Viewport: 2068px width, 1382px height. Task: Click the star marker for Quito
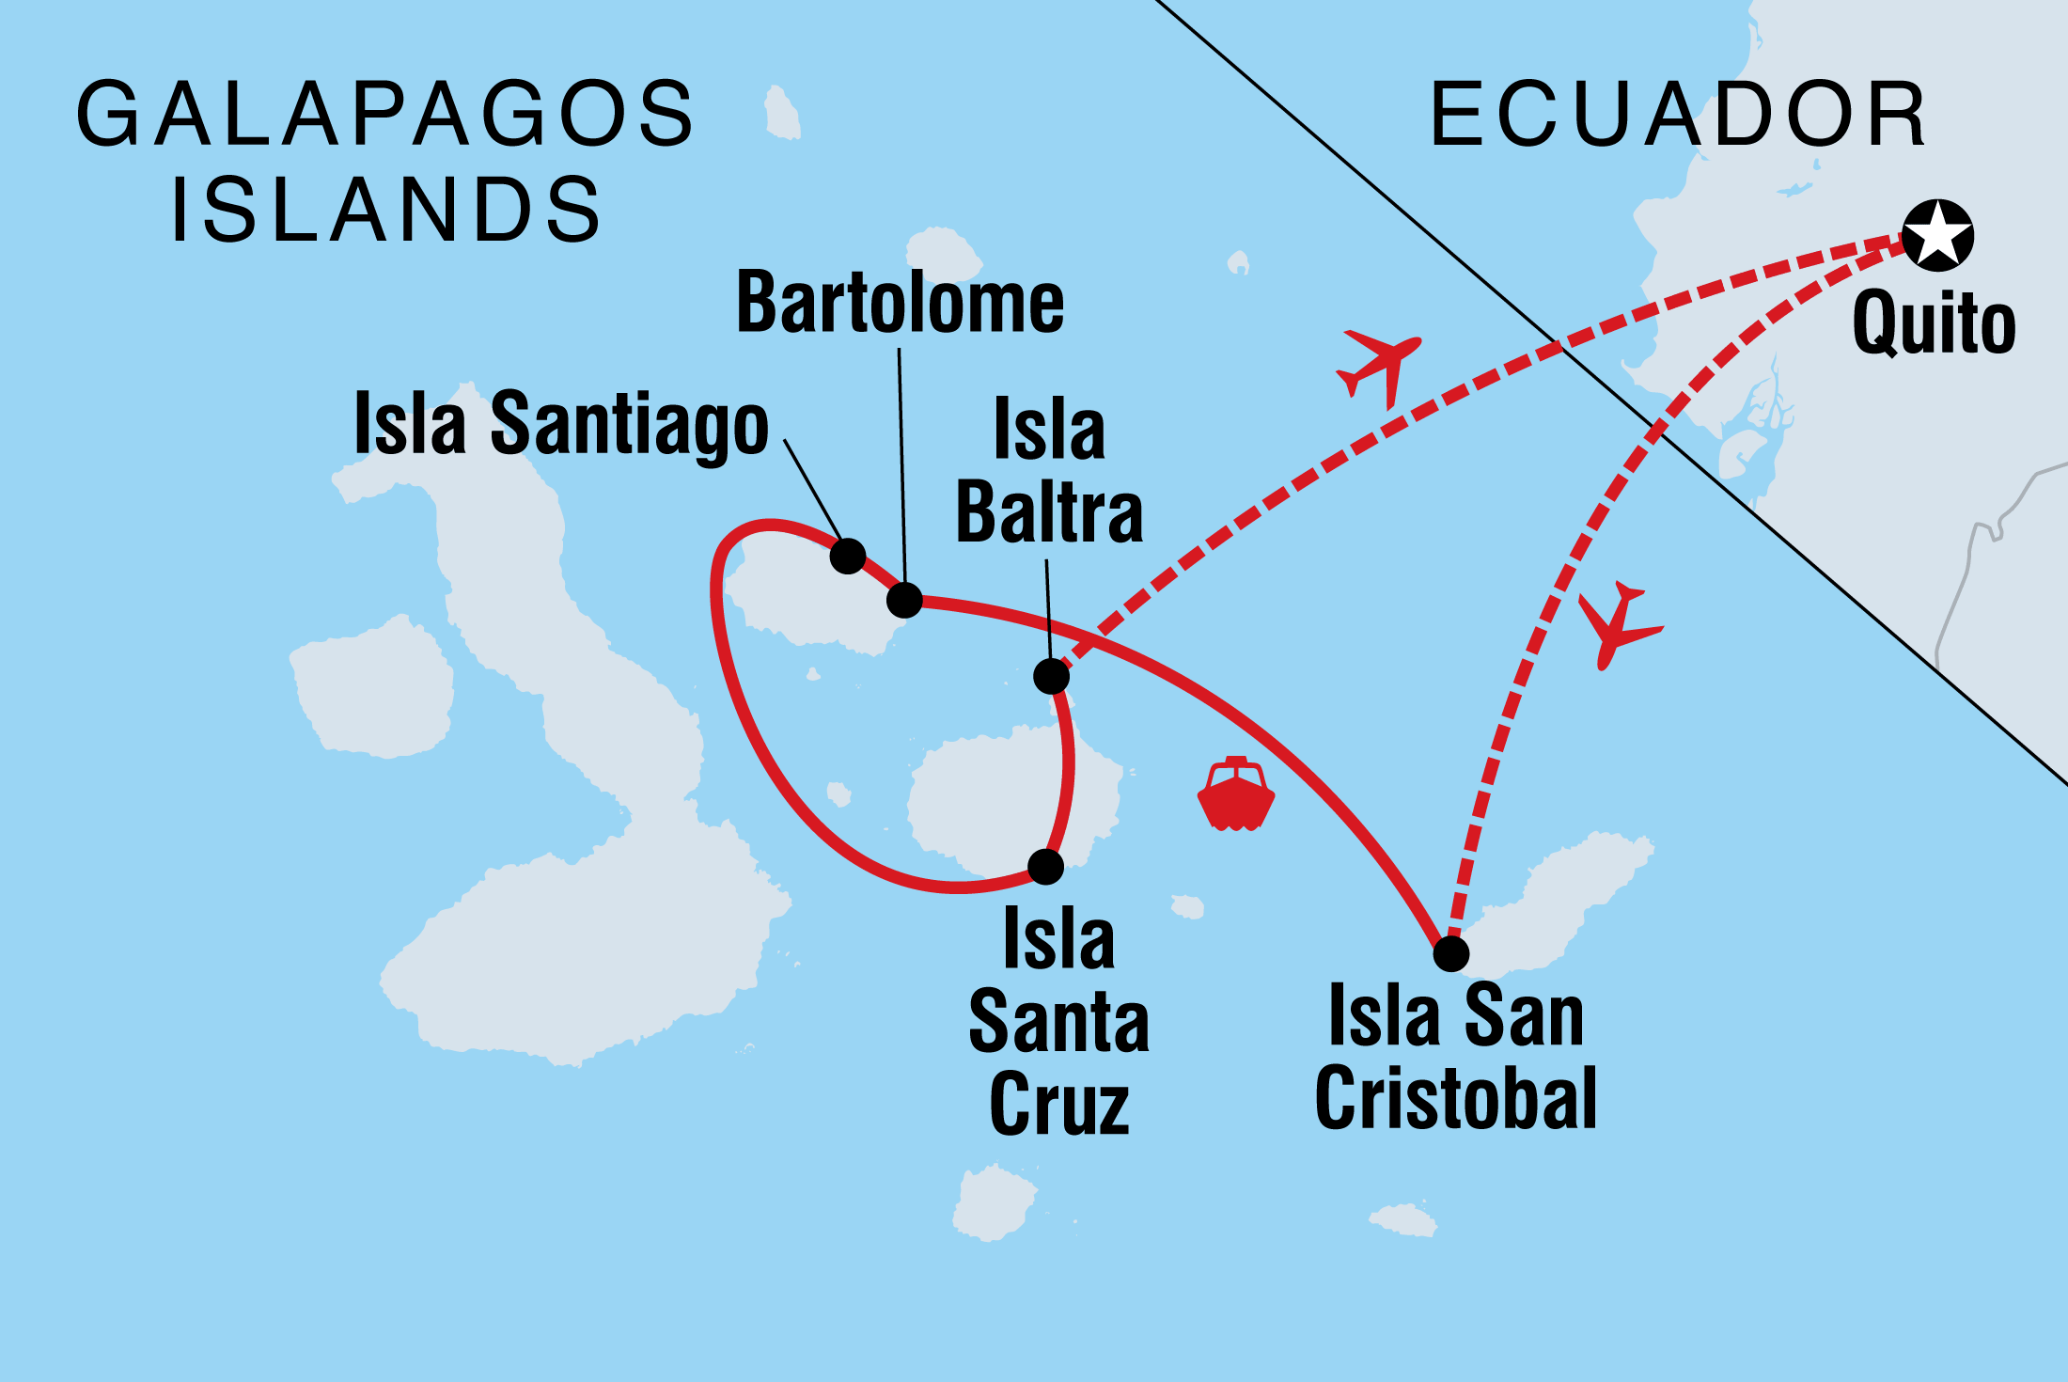click(x=1937, y=235)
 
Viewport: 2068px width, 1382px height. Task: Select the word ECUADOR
click(x=1679, y=115)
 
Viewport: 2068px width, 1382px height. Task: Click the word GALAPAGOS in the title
click(x=385, y=115)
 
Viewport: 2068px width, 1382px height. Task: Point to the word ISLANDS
click(x=385, y=209)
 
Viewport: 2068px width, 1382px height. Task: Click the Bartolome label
click(x=900, y=303)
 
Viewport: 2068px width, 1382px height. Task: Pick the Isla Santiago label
click(x=561, y=425)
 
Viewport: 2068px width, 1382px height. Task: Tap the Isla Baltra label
click(x=1049, y=472)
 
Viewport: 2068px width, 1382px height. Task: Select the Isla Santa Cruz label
click(x=1059, y=1021)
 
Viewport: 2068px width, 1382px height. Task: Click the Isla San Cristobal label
click(x=1456, y=1057)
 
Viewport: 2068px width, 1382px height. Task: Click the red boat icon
click(x=1235, y=794)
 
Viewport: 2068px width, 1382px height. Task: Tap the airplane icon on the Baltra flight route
click(x=1378, y=367)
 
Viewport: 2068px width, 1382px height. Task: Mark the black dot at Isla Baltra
click(x=1051, y=676)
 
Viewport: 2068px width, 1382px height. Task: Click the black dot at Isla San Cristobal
click(x=1451, y=953)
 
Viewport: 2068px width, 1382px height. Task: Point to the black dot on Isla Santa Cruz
click(x=1045, y=867)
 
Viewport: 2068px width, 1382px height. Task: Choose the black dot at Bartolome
click(x=904, y=600)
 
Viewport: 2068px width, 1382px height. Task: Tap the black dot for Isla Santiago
click(x=847, y=557)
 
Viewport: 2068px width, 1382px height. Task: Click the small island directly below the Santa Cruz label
click(x=993, y=1203)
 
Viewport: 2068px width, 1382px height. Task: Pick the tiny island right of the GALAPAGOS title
click(x=781, y=114)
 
